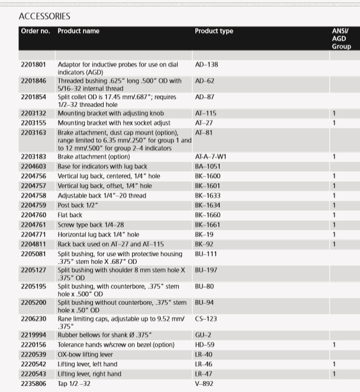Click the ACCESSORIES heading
click(x=44, y=16)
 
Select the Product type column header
click(x=214, y=31)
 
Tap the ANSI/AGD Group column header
click(x=340, y=38)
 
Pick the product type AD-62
click(x=204, y=80)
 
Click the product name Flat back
click(x=70, y=215)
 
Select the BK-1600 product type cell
click(x=207, y=176)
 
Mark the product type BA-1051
click(x=207, y=166)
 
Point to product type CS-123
click(x=205, y=319)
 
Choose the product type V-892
click(x=204, y=384)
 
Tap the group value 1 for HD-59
click(x=335, y=345)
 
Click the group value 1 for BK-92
click(x=335, y=244)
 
